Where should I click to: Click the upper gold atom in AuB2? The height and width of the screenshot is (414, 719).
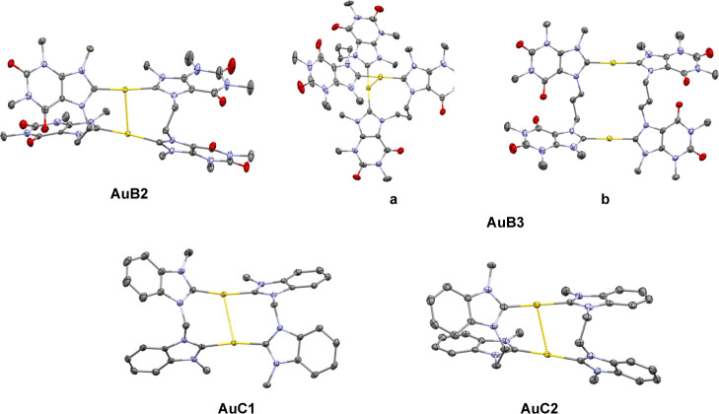[125, 90]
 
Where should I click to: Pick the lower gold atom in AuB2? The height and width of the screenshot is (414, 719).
[128, 133]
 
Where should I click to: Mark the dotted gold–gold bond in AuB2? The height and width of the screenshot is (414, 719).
[126, 111]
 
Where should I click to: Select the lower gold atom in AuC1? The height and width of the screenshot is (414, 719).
[233, 343]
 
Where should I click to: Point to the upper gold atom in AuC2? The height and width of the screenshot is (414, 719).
[537, 306]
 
